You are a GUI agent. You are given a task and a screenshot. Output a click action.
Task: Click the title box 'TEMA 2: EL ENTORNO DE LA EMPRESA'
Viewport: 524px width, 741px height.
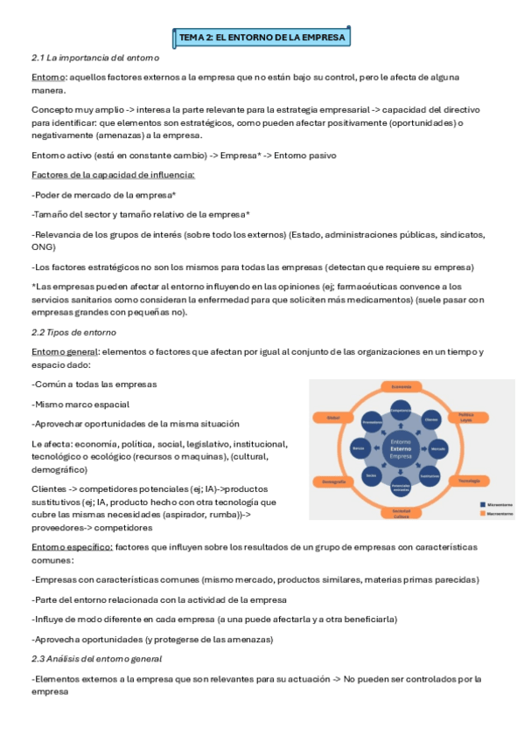click(262, 38)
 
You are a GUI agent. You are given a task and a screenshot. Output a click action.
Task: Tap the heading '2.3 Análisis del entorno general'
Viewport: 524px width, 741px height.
click(96, 658)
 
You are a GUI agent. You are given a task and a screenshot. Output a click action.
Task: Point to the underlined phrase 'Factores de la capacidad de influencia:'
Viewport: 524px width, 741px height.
click(113, 176)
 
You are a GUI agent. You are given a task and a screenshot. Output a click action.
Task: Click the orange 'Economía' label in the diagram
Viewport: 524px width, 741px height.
click(402, 386)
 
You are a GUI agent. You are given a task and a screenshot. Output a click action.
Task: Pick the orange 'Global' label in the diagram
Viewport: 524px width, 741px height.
click(333, 419)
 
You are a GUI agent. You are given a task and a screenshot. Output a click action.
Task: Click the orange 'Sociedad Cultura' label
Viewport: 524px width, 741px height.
click(401, 512)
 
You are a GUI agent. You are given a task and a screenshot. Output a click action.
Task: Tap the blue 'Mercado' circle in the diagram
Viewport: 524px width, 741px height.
click(437, 448)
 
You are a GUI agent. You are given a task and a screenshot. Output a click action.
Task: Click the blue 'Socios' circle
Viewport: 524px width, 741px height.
click(371, 476)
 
